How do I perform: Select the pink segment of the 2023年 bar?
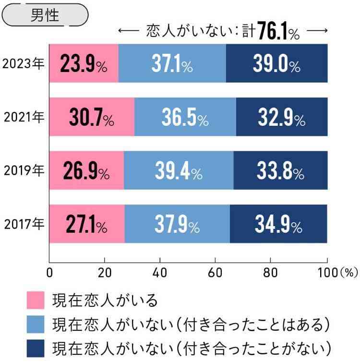pyautogui.click(x=84, y=63)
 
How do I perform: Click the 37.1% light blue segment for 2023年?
pyautogui.click(x=172, y=63)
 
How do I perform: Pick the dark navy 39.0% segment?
pyautogui.click(x=276, y=63)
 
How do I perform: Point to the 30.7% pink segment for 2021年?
pyautogui.click(x=92, y=117)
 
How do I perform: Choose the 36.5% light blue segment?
pyautogui.click(x=185, y=117)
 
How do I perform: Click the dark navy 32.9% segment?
pyautogui.click(x=281, y=117)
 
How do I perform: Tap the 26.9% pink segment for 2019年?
pyautogui.click(x=86, y=170)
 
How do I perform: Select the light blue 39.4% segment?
pyautogui.click(x=178, y=170)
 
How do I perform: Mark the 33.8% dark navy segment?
pyautogui.click(x=280, y=170)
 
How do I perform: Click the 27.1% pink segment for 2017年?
pyautogui.click(x=87, y=224)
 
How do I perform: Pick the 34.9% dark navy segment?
pyautogui.click(x=278, y=224)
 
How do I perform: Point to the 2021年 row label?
pyautogui.click(x=24, y=117)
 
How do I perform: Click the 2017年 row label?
pyautogui.click(x=24, y=224)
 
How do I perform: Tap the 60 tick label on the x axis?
pyautogui.click(x=215, y=273)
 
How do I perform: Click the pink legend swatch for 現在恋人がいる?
pyautogui.click(x=35, y=300)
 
